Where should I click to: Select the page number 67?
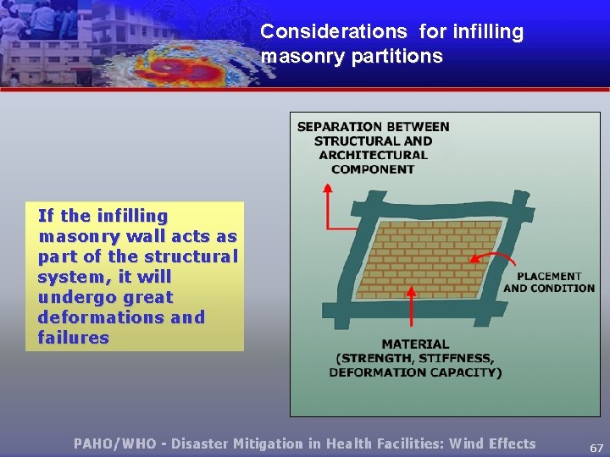click(x=596, y=448)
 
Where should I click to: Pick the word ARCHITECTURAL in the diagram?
click(x=373, y=155)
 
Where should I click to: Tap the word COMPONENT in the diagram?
click(x=373, y=169)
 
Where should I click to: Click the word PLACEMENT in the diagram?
click(x=549, y=276)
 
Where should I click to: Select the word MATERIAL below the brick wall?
click(x=415, y=344)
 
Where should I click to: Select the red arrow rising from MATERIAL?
click(x=413, y=309)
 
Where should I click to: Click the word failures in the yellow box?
click(x=74, y=338)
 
